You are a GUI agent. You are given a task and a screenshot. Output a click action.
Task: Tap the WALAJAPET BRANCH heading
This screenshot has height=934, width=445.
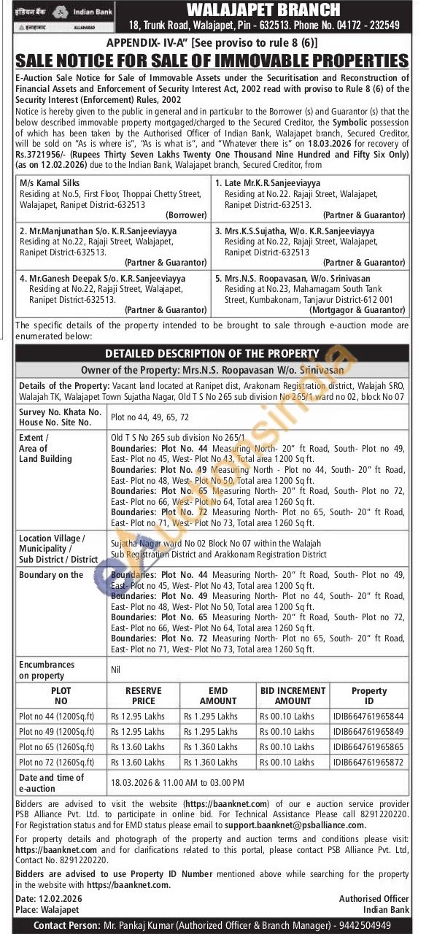click(263, 9)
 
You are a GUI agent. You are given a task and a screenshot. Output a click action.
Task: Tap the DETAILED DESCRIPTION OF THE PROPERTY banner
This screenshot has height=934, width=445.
click(212, 353)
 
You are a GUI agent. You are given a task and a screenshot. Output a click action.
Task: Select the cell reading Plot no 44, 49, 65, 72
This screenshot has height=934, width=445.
click(150, 417)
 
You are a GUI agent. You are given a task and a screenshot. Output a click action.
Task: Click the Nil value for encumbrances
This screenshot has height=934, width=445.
click(115, 668)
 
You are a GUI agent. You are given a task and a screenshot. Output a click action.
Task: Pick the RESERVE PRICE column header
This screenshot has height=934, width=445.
click(143, 695)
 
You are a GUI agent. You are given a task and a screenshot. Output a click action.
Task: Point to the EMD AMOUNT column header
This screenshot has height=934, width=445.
click(217, 695)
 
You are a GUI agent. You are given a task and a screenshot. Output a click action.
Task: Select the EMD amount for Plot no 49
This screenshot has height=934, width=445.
click(211, 731)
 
